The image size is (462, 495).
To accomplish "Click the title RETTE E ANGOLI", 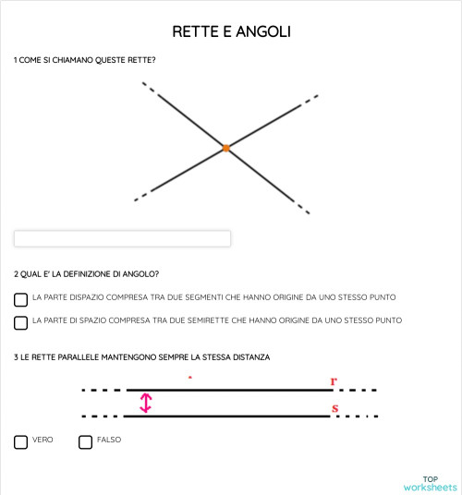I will (x=231, y=32).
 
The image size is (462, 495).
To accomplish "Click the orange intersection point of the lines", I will (x=225, y=148).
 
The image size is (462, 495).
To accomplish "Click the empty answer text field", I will (x=122, y=239).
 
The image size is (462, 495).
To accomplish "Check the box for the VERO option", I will (x=20, y=442).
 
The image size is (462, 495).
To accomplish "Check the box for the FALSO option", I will (x=85, y=442).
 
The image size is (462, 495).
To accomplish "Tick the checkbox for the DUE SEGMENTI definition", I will (x=20, y=299).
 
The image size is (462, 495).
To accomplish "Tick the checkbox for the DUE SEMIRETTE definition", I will (x=20, y=322).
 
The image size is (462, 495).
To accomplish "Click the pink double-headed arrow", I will (x=145, y=403).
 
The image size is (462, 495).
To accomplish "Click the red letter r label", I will (x=334, y=380).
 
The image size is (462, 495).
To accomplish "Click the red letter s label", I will (x=334, y=406).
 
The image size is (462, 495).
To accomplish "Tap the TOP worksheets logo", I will (x=430, y=483).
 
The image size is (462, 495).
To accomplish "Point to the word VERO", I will (x=43, y=441).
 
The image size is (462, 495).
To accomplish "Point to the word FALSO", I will (x=109, y=441).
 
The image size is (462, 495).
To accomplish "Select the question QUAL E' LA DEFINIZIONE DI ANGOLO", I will (x=89, y=274).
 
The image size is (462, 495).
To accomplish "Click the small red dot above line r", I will (x=189, y=378).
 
